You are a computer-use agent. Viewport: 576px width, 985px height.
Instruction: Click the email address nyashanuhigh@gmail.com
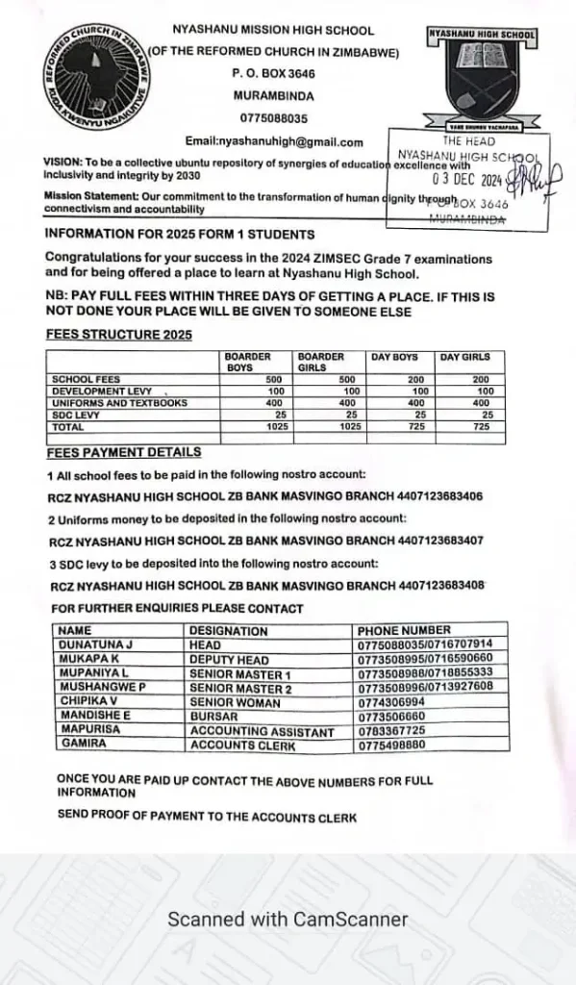[274, 141]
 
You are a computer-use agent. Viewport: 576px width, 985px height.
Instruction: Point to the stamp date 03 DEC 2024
[468, 178]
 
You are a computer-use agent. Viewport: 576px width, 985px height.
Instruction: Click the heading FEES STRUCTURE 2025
[118, 335]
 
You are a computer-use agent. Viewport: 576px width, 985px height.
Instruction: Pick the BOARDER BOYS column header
[248, 362]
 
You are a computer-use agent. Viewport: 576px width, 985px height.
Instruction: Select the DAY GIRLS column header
[464, 358]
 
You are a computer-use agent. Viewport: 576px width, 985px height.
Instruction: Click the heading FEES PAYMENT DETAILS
[124, 452]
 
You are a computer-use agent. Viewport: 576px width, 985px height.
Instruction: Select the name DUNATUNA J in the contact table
[95, 644]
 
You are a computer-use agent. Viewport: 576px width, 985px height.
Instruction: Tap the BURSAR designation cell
[212, 719]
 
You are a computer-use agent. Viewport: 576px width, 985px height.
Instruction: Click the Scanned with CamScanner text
[288, 920]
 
